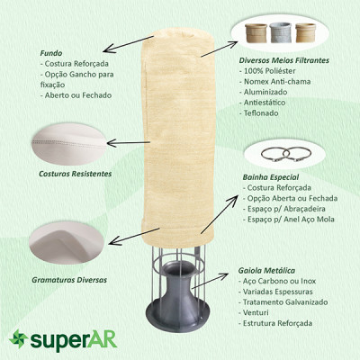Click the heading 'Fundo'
pos(51,53)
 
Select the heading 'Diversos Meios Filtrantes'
pos(283,60)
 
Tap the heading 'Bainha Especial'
pos(271,177)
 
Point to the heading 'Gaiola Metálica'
pos(266,270)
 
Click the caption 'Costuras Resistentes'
pos(76,174)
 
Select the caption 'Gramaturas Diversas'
pos(69,280)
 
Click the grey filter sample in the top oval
pos(281,32)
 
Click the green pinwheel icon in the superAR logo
pos(19,338)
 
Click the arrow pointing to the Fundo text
pos(129,44)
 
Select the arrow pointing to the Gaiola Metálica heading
pos(210,281)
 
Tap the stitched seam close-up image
pos(69,144)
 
